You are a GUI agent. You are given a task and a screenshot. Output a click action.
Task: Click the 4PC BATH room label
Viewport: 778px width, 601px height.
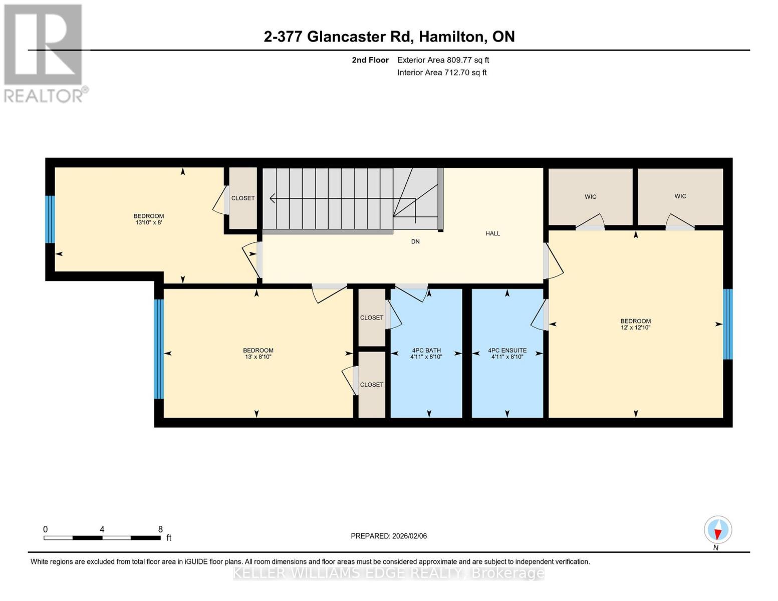tap(426, 351)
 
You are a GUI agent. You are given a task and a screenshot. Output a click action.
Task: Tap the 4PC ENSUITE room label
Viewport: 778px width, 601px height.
tap(507, 351)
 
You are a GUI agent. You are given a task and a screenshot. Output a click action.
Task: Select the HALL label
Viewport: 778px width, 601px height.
tap(492, 233)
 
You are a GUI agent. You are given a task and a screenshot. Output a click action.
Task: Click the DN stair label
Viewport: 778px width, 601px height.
tap(415, 241)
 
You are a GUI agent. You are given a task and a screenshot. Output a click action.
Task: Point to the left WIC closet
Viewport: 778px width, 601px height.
tap(590, 197)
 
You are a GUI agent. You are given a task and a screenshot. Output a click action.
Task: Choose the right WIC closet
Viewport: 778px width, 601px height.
tap(680, 196)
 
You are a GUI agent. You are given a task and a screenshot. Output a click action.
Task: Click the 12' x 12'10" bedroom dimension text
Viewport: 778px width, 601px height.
tap(635, 328)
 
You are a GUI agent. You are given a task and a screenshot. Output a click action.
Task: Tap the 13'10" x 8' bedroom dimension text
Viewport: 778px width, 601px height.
tap(148, 222)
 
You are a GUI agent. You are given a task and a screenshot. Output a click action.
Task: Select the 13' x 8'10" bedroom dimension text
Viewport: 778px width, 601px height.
tap(258, 357)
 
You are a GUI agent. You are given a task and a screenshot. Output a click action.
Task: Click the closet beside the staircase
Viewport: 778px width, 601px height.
tap(243, 198)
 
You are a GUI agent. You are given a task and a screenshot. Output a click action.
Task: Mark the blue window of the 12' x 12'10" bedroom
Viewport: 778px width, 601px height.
tap(727, 324)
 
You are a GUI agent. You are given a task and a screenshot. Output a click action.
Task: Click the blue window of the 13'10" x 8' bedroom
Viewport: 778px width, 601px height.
tap(50, 219)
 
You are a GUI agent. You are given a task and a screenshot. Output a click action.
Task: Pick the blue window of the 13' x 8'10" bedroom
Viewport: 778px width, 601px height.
tap(159, 349)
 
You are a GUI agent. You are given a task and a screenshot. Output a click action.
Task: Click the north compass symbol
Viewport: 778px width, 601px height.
tap(718, 530)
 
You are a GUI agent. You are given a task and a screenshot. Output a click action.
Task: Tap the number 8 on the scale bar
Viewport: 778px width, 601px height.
tap(160, 529)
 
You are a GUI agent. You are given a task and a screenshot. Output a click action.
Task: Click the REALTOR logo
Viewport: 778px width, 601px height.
tap(44, 53)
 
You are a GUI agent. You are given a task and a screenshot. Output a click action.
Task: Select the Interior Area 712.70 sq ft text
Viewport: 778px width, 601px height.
tap(442, 73)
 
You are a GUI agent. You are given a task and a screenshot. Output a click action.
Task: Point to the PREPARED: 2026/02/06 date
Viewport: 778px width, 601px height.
tap(389, 536)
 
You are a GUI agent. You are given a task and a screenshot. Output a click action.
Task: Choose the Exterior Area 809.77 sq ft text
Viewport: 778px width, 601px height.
tap(443, 60)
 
